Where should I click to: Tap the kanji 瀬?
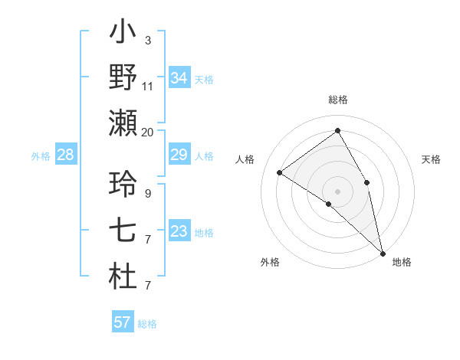tap(123, 123)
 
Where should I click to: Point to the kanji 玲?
tap(123, 185)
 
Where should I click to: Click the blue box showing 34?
tap(179, 78)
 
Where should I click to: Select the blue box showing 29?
tap(179, 155)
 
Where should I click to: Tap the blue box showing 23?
tap(179, 231)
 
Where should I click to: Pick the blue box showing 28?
tap(65, 155)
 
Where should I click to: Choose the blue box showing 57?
tap(123, 322)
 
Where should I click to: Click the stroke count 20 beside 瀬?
tap(148, 132)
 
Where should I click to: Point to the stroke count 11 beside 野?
tap(148, 86)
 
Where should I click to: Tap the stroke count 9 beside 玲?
tap(148, 193)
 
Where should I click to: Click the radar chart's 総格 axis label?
tap(338, 100)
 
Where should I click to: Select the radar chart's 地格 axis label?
tap(402, 262)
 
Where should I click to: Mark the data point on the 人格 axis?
tap(280, 172)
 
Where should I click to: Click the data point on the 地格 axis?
tap(383, 254)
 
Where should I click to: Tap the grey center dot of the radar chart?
tap(337, 191)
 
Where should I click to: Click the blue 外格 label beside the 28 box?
tap(41, 155)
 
